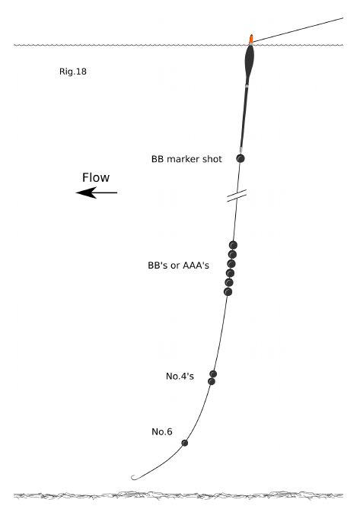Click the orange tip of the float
point(251,39)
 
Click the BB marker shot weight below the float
point(241,158)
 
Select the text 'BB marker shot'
point(186,159)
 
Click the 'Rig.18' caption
point(73,72)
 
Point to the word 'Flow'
point(96,177)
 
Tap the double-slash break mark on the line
point(237,196)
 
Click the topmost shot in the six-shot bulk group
point(233,245)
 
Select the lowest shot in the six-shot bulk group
point(228,292)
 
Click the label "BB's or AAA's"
point(178,266)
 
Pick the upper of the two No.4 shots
point(213,374)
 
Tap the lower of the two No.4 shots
point(212,381)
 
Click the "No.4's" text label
point(180,376)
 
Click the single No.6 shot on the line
point(185,443)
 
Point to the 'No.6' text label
point(162,431)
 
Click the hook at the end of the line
point(134,478)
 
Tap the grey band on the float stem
point(247,86)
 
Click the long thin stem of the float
point(244,117)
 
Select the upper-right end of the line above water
point(342,18)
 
